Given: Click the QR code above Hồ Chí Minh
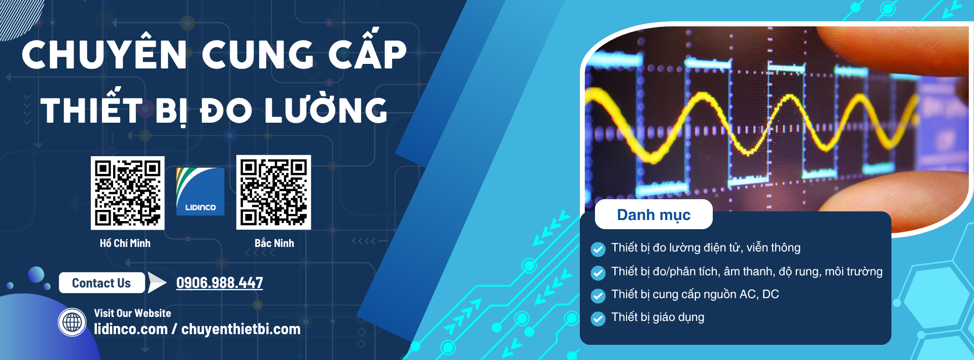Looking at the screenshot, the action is click(127, 193).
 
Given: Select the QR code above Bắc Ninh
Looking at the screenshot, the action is click(273, 192).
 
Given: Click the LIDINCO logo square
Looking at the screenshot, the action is click(200, 192).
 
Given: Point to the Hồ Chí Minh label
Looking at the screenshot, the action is click(125, 243).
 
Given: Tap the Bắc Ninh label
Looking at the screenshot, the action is click(274, 243).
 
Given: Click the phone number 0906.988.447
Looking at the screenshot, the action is click(220, 282).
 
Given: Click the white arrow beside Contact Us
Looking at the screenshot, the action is click(157, 283).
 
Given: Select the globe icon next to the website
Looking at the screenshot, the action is click(72, 322).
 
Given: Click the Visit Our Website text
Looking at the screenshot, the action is click(132, 313).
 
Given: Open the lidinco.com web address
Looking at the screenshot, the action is click(131, 329).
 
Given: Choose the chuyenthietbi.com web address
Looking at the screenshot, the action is click(241, 329).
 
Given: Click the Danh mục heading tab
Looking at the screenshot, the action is click(653, 214).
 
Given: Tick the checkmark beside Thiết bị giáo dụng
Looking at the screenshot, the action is click(598, 319).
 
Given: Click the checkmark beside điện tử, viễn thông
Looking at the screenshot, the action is click(598, 249).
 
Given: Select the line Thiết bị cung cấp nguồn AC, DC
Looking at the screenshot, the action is click(695, 295).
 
